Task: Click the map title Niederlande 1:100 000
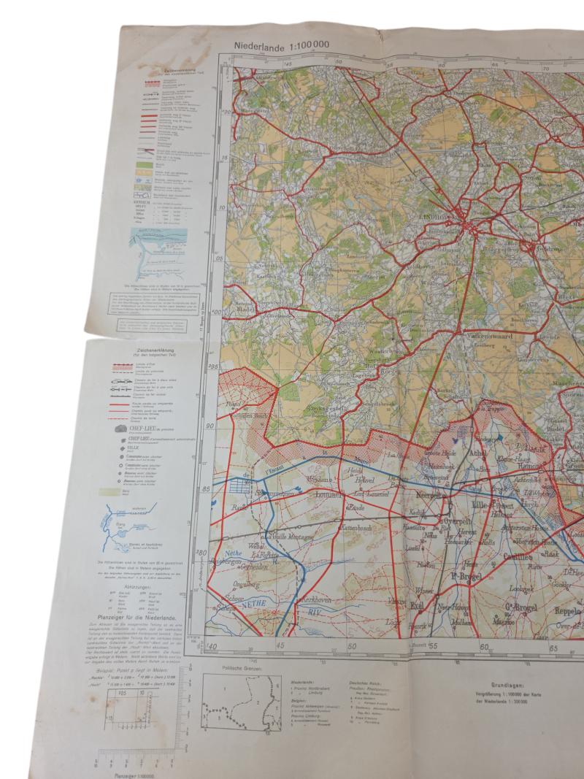click(282, 45)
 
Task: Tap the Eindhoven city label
click(456, 218)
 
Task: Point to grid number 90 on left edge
click(210, 426)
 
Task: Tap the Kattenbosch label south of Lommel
click(356, 525)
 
